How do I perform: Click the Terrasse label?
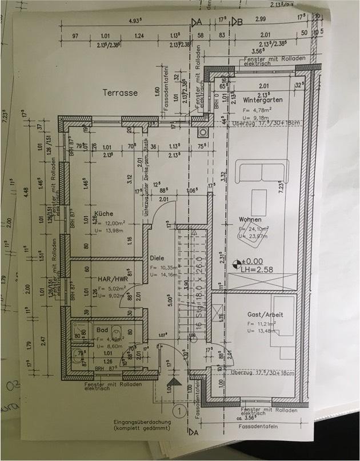click(121, 92)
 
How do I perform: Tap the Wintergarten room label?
click(262, 99)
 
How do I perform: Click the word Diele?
click(157, 257)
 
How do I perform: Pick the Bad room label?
click(102, 330)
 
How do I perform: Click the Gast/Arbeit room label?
click(265, 315)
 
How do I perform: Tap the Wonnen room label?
click(251, 220)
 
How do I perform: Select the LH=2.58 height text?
click(258, 268)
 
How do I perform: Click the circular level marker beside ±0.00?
click(235, 264)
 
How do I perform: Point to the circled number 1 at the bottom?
click(179, 410)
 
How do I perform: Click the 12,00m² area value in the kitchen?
click(114, 222)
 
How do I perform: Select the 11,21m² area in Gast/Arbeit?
click(264, 323)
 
